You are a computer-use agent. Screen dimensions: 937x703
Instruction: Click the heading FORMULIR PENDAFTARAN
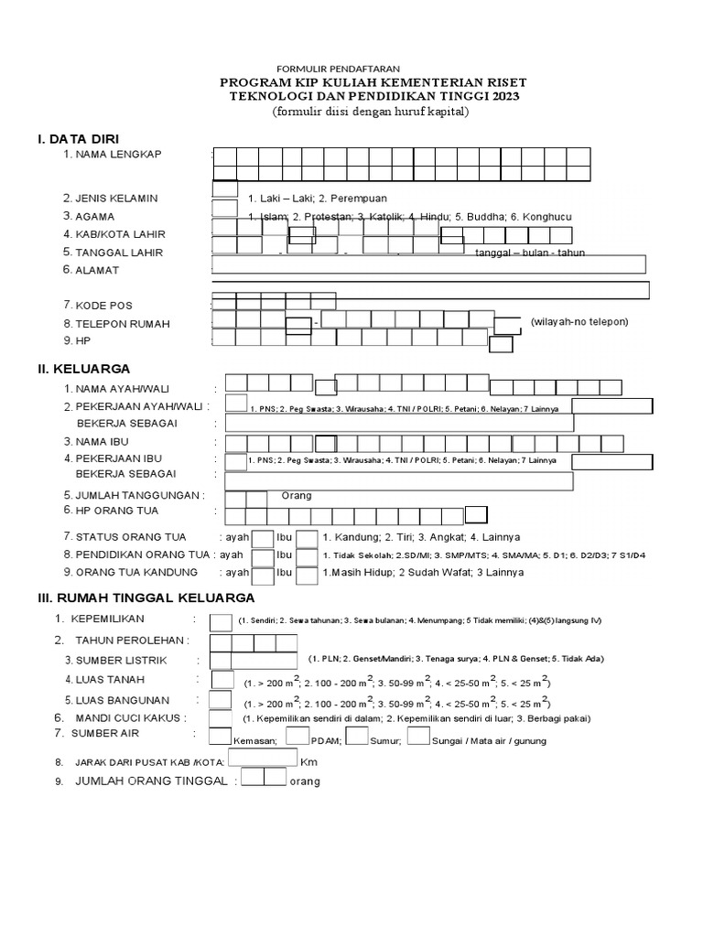tap(338, 70)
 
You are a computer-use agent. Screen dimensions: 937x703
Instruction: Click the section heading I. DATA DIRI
tap(78, 138)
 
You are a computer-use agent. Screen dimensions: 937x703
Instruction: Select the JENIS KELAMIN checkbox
tap(225, 189)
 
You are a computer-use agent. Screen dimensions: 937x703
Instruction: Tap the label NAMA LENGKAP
tap(118, 155)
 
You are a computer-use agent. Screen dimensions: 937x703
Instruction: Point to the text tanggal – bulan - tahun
tap(530, 253)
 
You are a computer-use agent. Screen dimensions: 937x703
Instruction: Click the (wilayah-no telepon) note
tap(579, 322)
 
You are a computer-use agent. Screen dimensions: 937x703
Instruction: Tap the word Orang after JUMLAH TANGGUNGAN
tap(297, 495)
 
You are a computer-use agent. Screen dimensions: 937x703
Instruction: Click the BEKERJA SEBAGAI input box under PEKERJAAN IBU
tap(398, 482)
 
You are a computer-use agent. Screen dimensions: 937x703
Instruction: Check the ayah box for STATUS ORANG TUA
tap(263, 539)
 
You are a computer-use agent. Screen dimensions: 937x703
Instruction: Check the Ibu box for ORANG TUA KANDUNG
tap(307, 576)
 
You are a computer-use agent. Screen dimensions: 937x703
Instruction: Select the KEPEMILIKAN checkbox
tap(221, 623)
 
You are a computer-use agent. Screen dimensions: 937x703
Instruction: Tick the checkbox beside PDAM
tap(297, 736)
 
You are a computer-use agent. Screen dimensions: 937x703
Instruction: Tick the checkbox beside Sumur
tap(357, 736)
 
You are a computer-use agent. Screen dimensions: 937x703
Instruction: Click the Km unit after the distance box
tap(308, 760)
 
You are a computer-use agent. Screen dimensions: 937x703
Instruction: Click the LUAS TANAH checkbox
tap(222, 680)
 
